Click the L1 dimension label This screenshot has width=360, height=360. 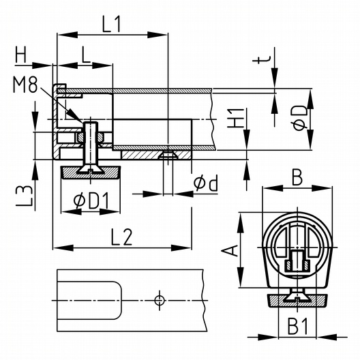112,25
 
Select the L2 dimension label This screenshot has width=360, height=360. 121,237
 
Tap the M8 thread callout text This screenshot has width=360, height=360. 25,85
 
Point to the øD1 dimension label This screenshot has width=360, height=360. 91,201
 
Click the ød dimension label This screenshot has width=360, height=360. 206,183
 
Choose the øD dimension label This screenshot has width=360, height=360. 300,118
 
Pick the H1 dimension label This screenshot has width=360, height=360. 235,118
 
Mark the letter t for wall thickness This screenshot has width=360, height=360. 262,60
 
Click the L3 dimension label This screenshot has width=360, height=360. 24,196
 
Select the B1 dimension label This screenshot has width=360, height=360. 298,326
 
